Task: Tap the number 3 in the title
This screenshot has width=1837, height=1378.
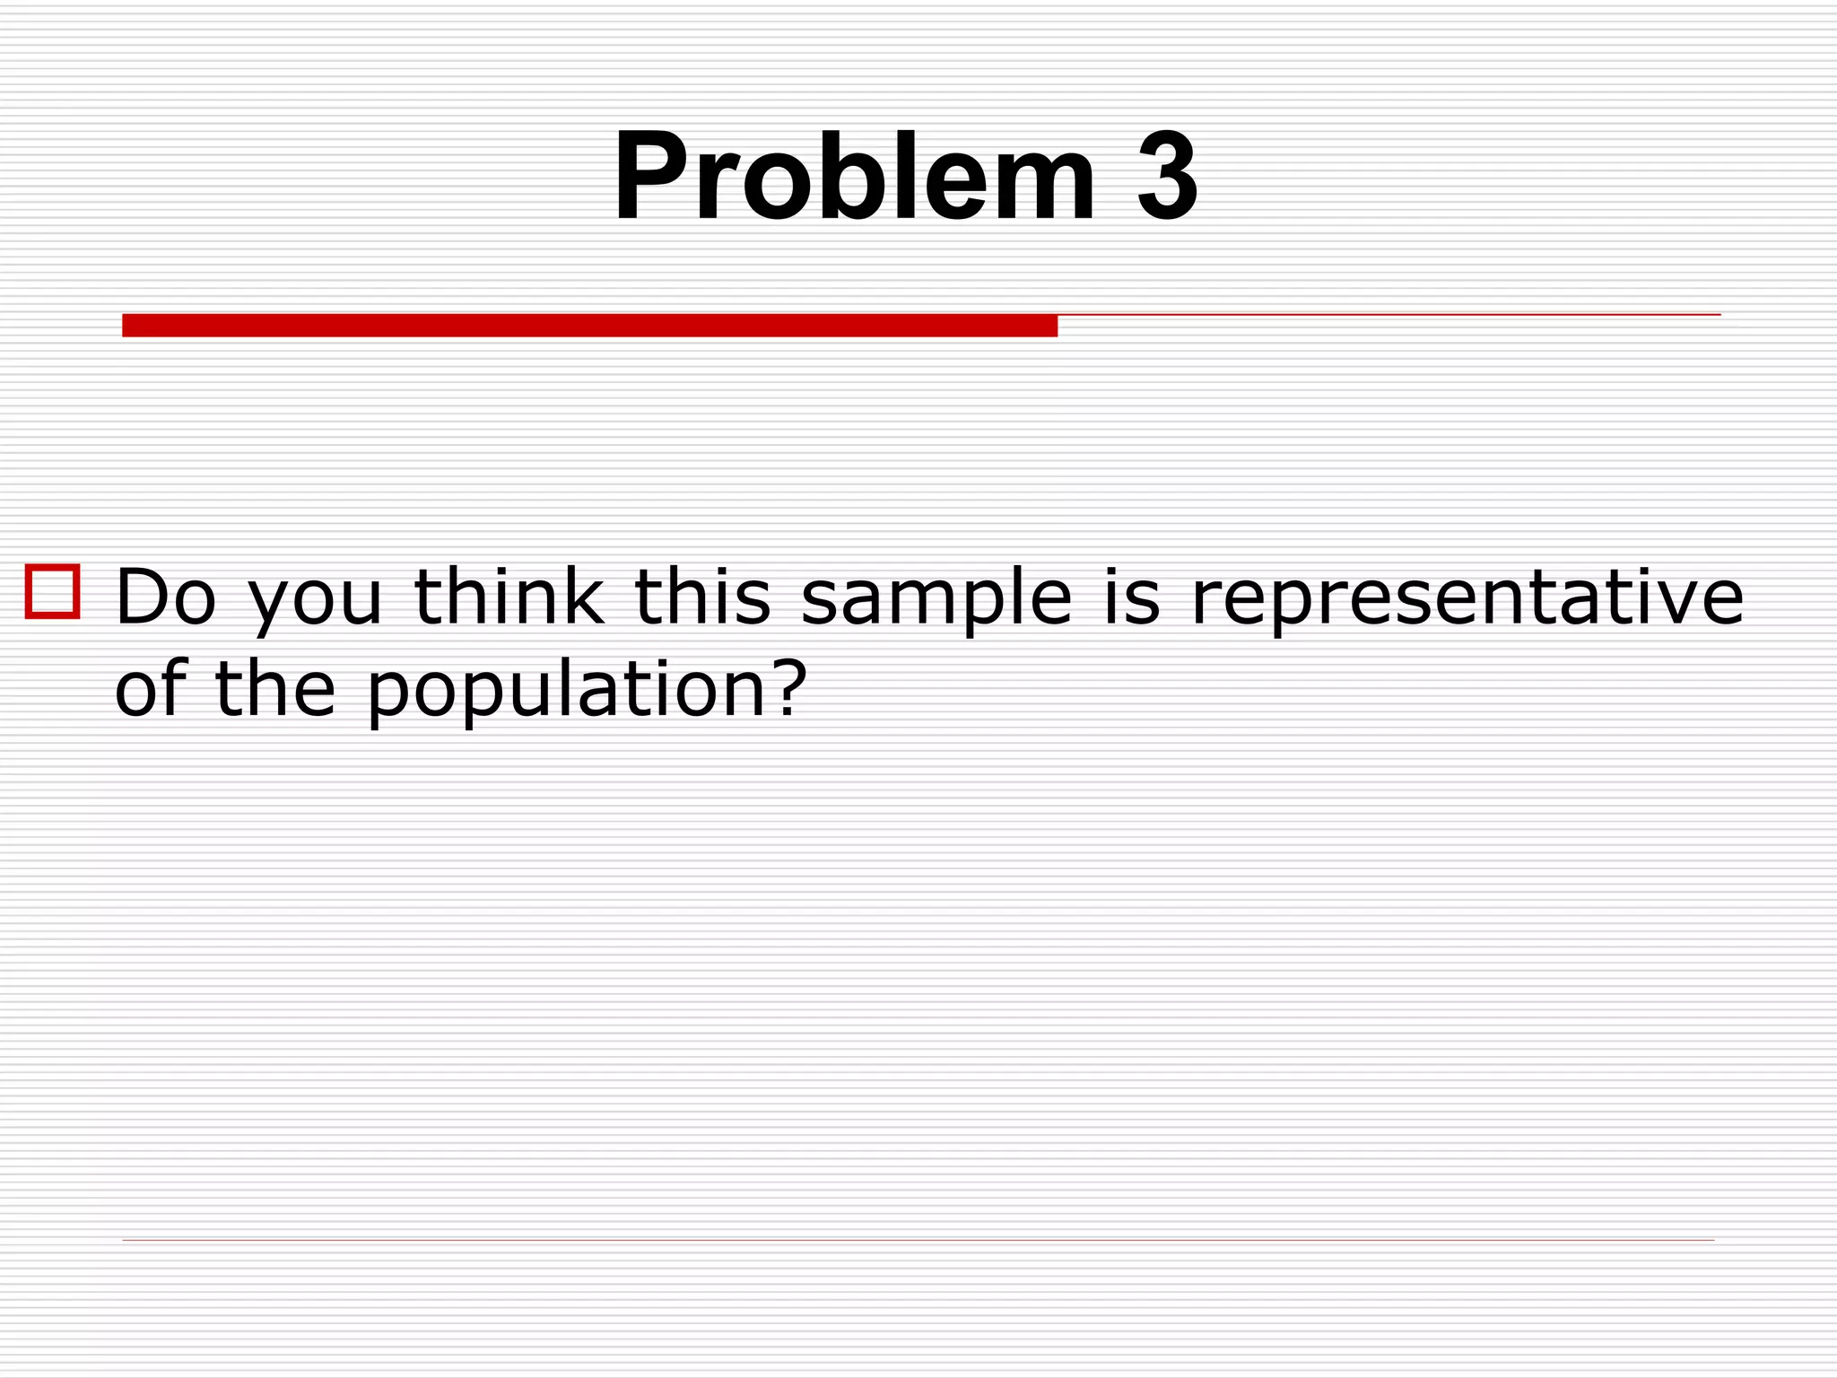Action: click(1166, 177)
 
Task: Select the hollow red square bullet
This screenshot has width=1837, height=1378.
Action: click(53, 591)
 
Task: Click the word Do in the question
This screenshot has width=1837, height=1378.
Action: click(167, 597)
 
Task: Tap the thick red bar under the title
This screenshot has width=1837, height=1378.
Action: click(589, 325)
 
